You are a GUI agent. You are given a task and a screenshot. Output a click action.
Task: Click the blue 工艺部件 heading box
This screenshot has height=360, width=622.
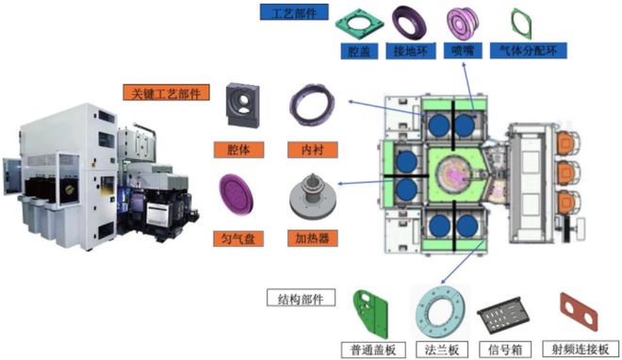pos(294,12)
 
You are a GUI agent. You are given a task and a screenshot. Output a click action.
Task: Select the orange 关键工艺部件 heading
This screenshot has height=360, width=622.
pos(166,92)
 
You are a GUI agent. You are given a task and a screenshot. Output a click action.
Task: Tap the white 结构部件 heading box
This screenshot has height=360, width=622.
pos(301,298)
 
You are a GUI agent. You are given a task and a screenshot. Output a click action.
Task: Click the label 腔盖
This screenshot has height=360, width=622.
pos(360,51)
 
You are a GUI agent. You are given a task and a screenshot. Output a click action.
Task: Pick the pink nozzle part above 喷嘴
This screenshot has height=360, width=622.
pos(462,23)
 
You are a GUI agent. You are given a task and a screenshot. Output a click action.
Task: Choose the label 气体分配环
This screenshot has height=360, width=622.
pos(528,51)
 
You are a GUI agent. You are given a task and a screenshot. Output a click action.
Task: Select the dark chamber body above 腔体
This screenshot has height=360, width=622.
pos(242,105)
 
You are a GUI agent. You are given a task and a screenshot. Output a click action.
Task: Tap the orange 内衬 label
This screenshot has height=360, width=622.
pos(313,150)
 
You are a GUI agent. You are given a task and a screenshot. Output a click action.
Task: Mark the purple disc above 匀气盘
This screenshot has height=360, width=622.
pos(236,194)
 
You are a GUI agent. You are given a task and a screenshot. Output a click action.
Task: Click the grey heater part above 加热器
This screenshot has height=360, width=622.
pos(312,196)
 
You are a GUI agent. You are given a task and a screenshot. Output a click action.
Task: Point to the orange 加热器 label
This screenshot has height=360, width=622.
pos(313,238)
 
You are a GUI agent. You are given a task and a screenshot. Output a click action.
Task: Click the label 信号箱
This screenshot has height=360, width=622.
pos(504,350)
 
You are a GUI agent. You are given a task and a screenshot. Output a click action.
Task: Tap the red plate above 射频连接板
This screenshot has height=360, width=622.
pos(579,312)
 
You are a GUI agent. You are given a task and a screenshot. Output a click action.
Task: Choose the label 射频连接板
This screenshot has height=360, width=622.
pos(581,350)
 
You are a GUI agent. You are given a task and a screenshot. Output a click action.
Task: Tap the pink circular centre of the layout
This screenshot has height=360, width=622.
pos(455,173)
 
